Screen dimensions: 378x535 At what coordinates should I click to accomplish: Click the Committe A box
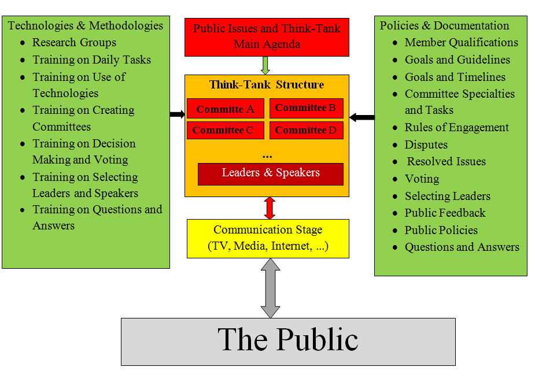coord(225,109)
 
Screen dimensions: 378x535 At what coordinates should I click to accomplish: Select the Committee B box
coord(306,108)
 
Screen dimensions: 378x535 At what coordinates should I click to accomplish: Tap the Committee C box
coord(225,130)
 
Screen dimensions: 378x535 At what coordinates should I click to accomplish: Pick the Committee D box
coord(306,130)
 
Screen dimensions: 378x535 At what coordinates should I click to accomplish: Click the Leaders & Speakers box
coord(270,173)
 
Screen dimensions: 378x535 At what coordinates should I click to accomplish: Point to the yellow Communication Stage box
coord(268,238)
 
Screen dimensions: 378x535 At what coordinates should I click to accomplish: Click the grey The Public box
coord(287,341)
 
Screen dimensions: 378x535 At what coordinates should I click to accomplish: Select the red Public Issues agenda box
coord(267,36)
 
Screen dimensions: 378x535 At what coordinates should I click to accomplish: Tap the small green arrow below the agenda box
coord(265,65)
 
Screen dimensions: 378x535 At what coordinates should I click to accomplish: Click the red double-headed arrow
coord(269,207)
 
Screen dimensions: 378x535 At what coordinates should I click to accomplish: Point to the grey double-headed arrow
coord(270,288)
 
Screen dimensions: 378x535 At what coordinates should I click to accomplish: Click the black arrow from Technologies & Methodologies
coord(177,114)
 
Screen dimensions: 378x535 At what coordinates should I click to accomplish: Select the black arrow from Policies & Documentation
coord(362,118)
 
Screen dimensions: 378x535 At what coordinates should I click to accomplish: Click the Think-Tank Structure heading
coord(267,85)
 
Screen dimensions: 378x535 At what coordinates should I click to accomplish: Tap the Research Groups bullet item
coord(74,42)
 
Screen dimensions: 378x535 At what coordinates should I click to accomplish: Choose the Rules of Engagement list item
coord(456,127)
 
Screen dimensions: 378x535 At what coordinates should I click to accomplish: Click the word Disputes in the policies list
coord(426,144)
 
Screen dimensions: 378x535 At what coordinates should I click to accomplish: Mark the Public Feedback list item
coord(445,213)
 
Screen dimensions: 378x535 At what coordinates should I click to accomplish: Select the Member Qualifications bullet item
coord(461,42)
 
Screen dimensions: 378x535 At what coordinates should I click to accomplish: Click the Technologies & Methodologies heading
coord(86,25)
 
